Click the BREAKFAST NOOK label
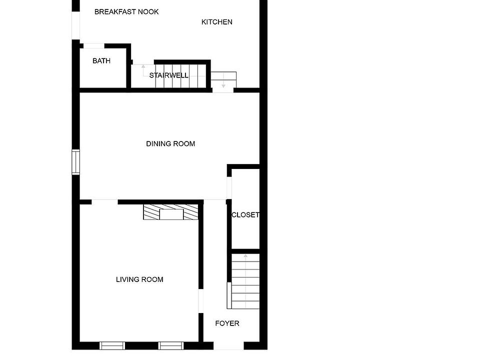coord(126,11)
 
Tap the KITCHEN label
coord(216,22)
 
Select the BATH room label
coord(101,61)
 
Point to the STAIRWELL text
coord(169,75)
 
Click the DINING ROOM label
coord(170,144)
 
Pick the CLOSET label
coord(245,215)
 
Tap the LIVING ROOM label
coord(139,279)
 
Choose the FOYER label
coord(227,323)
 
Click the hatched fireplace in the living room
coord(170,212)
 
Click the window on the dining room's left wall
coord(76,162)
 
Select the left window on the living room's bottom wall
coord(112,345)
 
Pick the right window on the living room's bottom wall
coord(171,345)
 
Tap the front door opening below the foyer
coord(229,346)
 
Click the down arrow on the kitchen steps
coord(223,86)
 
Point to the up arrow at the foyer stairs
coord(245,256)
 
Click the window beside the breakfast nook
coord(76,25)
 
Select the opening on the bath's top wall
coord(93,46)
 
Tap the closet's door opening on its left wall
coord(229,188)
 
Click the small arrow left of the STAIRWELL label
coord(143,66)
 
